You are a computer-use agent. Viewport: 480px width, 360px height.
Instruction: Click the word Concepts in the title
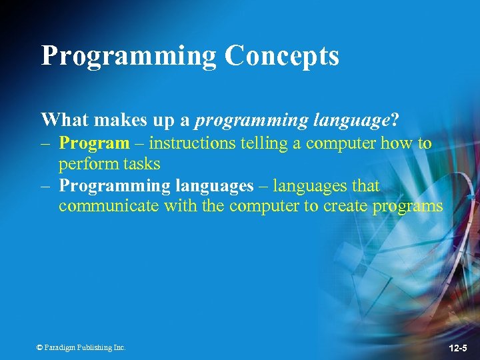[x=281, y=57]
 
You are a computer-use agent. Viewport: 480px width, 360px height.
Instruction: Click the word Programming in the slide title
[x=129, y=57]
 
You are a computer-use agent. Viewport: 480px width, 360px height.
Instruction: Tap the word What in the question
[x=65, y=120]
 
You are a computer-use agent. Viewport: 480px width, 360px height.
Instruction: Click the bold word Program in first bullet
[x=94, y=143]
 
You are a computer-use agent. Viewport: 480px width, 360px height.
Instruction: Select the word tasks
[x=139, y=163]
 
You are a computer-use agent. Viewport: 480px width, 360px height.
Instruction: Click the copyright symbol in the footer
[x=39, y=347]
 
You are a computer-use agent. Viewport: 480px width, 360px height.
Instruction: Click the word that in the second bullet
[x=365, y=186]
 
